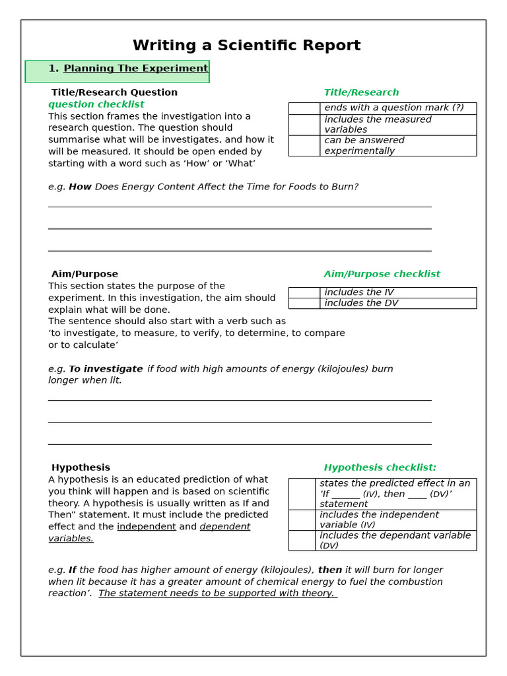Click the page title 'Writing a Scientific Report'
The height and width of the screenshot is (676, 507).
coord(246,46)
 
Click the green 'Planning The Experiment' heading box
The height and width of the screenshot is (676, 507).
coord(118,71)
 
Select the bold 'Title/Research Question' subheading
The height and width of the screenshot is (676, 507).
coord(114,92)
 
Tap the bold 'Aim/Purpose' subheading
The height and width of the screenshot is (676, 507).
coord(84,274)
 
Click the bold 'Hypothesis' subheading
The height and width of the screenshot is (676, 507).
coord(81,467)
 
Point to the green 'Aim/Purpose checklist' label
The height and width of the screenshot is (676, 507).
coord(382,274)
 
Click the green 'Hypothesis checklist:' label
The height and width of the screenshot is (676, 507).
coord(380,467)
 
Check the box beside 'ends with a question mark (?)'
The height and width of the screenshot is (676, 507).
coord(304,108)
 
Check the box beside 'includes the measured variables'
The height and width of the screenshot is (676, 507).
coord(304,125)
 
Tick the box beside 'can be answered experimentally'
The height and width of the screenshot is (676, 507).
coord(304,146)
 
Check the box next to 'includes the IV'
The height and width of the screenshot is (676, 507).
coord(304,292)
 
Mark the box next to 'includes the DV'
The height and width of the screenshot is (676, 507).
coord(304,304)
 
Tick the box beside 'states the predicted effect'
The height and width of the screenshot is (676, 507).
coord(302,494)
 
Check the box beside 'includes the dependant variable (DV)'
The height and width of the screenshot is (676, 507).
coord(302,541)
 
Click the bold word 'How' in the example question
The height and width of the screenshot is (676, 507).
coord(80,187)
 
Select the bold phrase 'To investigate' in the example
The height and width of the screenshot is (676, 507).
coord(106,369)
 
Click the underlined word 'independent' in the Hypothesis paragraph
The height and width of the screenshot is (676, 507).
coord(146,527)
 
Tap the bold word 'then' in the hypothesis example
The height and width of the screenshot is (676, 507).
coord(329,570)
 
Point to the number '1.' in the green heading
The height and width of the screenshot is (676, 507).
coord(53,69)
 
